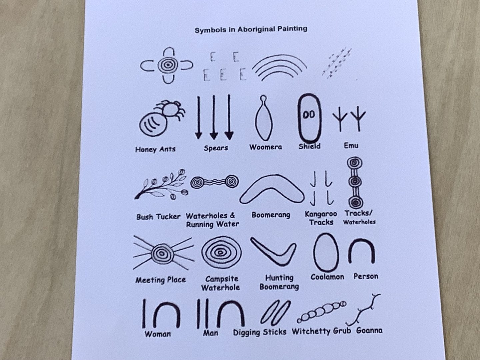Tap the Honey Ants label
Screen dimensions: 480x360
click(x=155, y=149)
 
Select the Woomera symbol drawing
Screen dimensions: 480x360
click(x=264, y=118)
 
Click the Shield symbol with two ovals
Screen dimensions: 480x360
click(x=309, y=118)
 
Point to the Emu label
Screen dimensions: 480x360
click(x=351, y=145)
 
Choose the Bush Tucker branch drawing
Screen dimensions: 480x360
click(x=161, y=184)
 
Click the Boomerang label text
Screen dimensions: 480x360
click(x=271, y=215)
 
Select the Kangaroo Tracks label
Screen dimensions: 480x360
click(x=321, y=218)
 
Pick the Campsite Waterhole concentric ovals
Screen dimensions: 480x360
click(x=221, y=252)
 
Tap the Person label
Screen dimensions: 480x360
click(x=366, y=277)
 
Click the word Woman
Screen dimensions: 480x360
click(x=157, y=334)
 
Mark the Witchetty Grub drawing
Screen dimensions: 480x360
click(x=321, y=312)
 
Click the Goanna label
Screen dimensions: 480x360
click(x=369, y=330)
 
